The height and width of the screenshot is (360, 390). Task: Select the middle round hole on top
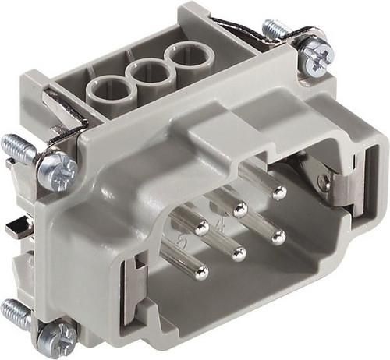point(146,76)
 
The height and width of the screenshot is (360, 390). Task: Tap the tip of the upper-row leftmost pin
point(200,228)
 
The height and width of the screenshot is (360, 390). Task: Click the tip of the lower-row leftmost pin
point(201,272)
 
